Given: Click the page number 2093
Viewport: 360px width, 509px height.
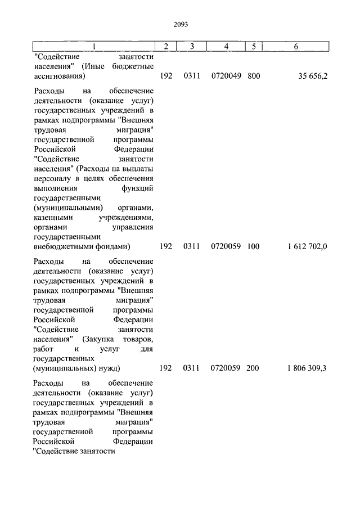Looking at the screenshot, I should tap(180, 25).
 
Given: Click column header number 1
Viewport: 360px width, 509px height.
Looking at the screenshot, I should tap(94, 46).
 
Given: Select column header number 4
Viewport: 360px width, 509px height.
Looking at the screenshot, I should tap(226, 46).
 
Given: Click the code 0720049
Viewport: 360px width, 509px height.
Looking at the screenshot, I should tap(226, 76).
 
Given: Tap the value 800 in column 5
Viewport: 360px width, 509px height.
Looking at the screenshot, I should tap(253, 76).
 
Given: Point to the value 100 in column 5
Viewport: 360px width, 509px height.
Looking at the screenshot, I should tap(253, 246).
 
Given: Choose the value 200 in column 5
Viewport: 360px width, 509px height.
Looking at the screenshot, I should tap(253, 368).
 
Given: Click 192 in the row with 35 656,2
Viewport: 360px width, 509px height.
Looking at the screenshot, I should tap(165, 76).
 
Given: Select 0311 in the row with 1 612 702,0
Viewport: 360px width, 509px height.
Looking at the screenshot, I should tap(191, 246).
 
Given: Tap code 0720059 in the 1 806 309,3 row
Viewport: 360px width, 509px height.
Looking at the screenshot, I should tap(226, 368).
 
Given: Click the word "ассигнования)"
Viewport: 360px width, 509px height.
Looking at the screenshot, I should tap(59, 76).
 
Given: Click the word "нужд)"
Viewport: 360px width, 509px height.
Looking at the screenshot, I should tap(109, 368).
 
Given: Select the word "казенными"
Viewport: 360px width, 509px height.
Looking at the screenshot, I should tap(52, 218).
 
